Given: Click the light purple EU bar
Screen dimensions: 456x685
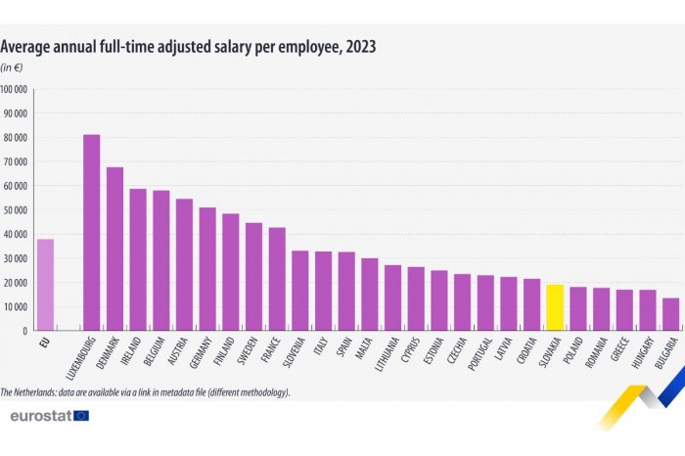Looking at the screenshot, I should coord(45,285).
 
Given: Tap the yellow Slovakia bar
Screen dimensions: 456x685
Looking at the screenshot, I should coord(555,307).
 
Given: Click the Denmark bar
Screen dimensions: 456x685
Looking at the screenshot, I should coord(114,250).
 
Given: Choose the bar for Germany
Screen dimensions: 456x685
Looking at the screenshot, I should coord(207,269).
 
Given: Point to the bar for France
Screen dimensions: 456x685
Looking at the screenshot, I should coord(277,279).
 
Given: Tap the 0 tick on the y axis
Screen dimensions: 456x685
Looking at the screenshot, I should coord(25,332).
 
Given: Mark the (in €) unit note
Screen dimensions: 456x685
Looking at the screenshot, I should coord(12,67).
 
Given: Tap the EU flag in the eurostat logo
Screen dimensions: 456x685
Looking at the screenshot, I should coord(80,416).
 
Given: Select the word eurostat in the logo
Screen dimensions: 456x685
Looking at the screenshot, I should coord(38,416).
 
